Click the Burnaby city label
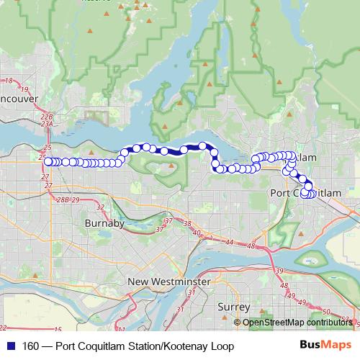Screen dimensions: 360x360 (x=105, y=223)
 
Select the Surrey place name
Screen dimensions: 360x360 (x=233, y=307)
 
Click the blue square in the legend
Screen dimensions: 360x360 (x=10, y=347)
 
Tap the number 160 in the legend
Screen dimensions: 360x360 (x=32, y=347)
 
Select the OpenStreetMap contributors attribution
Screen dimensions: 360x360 (x=297, y=323)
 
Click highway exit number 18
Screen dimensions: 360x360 (x=9, y=81)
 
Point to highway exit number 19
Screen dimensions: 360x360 (x=24, y=89)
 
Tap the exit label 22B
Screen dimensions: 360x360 (x=47, y=116)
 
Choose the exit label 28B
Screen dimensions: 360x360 (x=63, y=199)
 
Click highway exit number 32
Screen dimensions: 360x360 (x=100, y=207)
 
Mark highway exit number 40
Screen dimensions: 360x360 (x=196, y=232)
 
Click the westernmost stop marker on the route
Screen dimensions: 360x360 (x=48, y=162)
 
